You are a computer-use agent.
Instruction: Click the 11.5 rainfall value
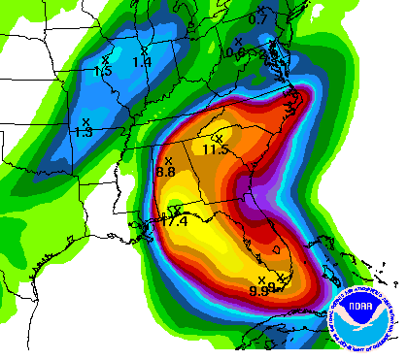point(215,149)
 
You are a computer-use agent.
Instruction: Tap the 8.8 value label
point(165,172)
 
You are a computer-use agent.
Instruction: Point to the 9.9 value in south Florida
point(258,290)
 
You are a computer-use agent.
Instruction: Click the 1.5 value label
point(104,71)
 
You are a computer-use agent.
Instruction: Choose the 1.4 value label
point(143,62)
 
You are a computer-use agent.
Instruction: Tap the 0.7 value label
point(257,19)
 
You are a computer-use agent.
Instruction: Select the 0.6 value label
point(235,52)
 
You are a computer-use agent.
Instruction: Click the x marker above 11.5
point(219,138)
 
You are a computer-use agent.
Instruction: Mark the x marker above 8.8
point(168,160)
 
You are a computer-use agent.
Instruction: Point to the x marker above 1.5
point(105,59)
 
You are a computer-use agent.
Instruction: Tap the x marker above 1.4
point(144,49)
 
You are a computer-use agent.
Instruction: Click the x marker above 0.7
point(255,8)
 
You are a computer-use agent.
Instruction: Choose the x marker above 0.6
point(239,41)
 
